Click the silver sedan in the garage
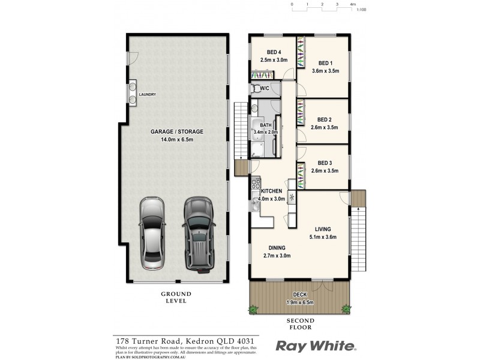[152, 233]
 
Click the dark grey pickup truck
[198, 233]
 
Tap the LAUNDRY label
[147, 95]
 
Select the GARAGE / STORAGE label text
[177, 131]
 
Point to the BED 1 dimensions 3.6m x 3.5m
[326, 70]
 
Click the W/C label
[264, 88]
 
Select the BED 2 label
[325, 119]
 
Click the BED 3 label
[325, 163]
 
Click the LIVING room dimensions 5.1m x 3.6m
[323, 236]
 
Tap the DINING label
[277, 248]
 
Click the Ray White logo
[316, 346]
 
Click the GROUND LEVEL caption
[175, 297]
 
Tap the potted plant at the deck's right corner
[346, 308]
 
